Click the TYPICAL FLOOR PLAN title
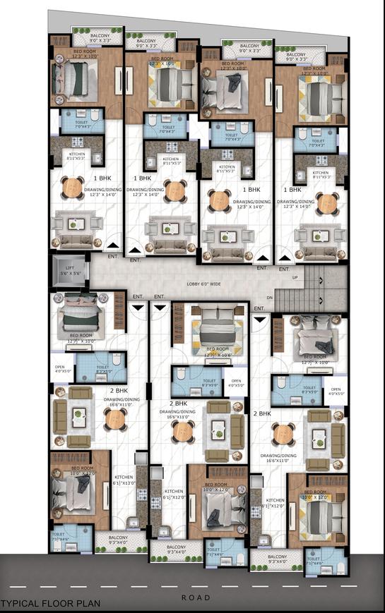tap(50, 604)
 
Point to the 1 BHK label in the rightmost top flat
tap(292, 190)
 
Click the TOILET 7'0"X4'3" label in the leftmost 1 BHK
tap(82, 124)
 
